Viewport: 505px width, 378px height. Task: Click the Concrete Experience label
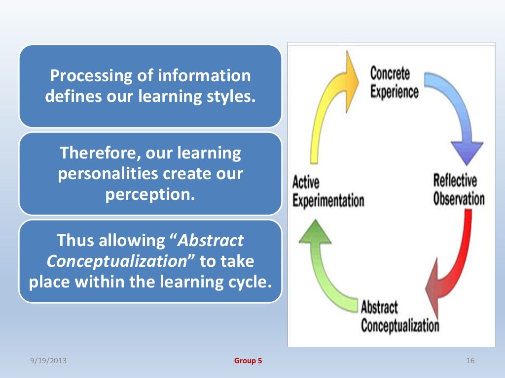click(x=394, y=83)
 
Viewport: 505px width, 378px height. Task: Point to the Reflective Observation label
click(x=458, y=189)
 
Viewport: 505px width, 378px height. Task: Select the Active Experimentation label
click(x=328, y=192)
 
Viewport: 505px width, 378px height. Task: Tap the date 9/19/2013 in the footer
click(x=48, y=361)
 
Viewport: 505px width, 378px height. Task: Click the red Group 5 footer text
click(x=248, y=361)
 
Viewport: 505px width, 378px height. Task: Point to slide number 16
click(x=469, y=361)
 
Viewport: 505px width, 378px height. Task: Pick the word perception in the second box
click(x=150, y=194)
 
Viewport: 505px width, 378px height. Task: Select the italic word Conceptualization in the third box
click(x=116, y=261)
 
